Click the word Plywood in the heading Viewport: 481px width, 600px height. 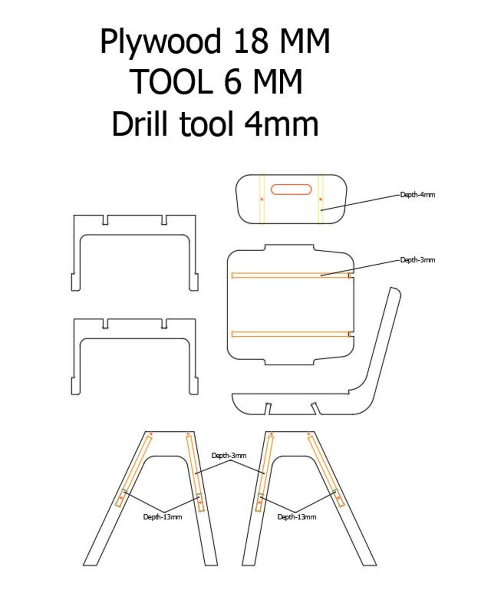(x=160, y=42)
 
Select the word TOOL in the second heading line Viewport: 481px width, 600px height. (x=171, y=82)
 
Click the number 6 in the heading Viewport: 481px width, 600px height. (x=232, y=82)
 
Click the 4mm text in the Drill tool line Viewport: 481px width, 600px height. (x=281, y=124)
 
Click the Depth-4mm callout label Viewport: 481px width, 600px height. (x=417, y=195)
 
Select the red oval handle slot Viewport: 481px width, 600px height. (x=291, y=189)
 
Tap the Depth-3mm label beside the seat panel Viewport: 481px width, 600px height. (x=417, y=260)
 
